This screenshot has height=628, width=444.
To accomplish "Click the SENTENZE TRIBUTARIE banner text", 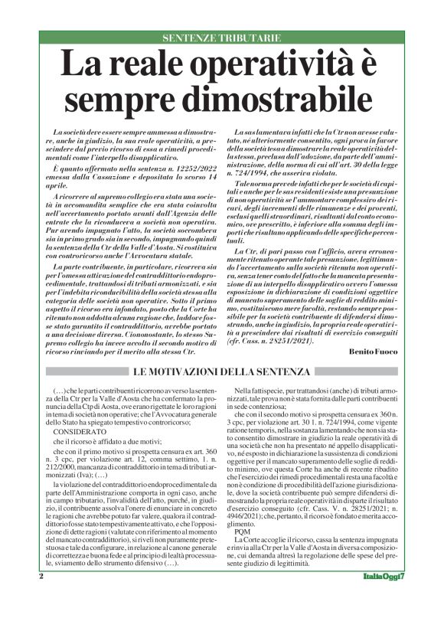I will point(221,38).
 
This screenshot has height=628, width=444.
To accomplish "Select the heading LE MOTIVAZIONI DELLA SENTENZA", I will point(221,372).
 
